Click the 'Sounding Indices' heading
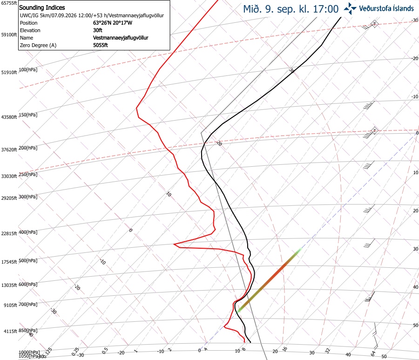[42, 7]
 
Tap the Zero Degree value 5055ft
[101, 45]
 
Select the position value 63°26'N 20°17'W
[113, 23]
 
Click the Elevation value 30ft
[98, 30]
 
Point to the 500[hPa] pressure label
[28, 260]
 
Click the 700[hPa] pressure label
[28, 304]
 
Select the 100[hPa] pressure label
[28, 69]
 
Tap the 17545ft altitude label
[9, 262]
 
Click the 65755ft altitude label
[9, 3]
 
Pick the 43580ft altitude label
[9, 117]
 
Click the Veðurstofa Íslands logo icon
[350, 8]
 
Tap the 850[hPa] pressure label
[28, 330]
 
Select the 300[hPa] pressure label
[28, 197]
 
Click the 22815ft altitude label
[9, 233]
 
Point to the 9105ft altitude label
[10, 305]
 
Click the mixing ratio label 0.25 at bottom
[75, 352]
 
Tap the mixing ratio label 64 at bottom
[373, 353]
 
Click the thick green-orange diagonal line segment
[268, 280]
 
